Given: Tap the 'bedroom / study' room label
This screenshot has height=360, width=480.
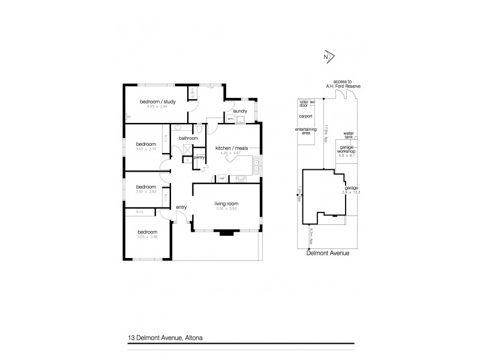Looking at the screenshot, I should [x=158, y=101].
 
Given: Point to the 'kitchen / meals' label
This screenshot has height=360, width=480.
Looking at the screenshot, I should [x=231, y=146].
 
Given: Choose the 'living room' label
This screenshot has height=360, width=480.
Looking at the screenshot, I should [x=227, y=204].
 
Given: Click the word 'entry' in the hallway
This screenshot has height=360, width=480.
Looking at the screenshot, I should [x=181, y=208].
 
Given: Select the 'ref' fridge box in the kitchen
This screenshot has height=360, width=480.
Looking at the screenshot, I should [x=221, y=178].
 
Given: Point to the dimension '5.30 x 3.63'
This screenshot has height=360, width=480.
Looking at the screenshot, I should [x=227, y=210].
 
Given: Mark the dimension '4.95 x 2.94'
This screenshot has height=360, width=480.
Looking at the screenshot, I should [x=158, y=107].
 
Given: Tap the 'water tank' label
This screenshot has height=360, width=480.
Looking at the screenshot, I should [x=349, y=136].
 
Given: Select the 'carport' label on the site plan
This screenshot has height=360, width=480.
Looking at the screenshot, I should [x=306, y=116].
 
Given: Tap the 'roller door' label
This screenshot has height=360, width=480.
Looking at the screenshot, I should [x=304, y=104].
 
